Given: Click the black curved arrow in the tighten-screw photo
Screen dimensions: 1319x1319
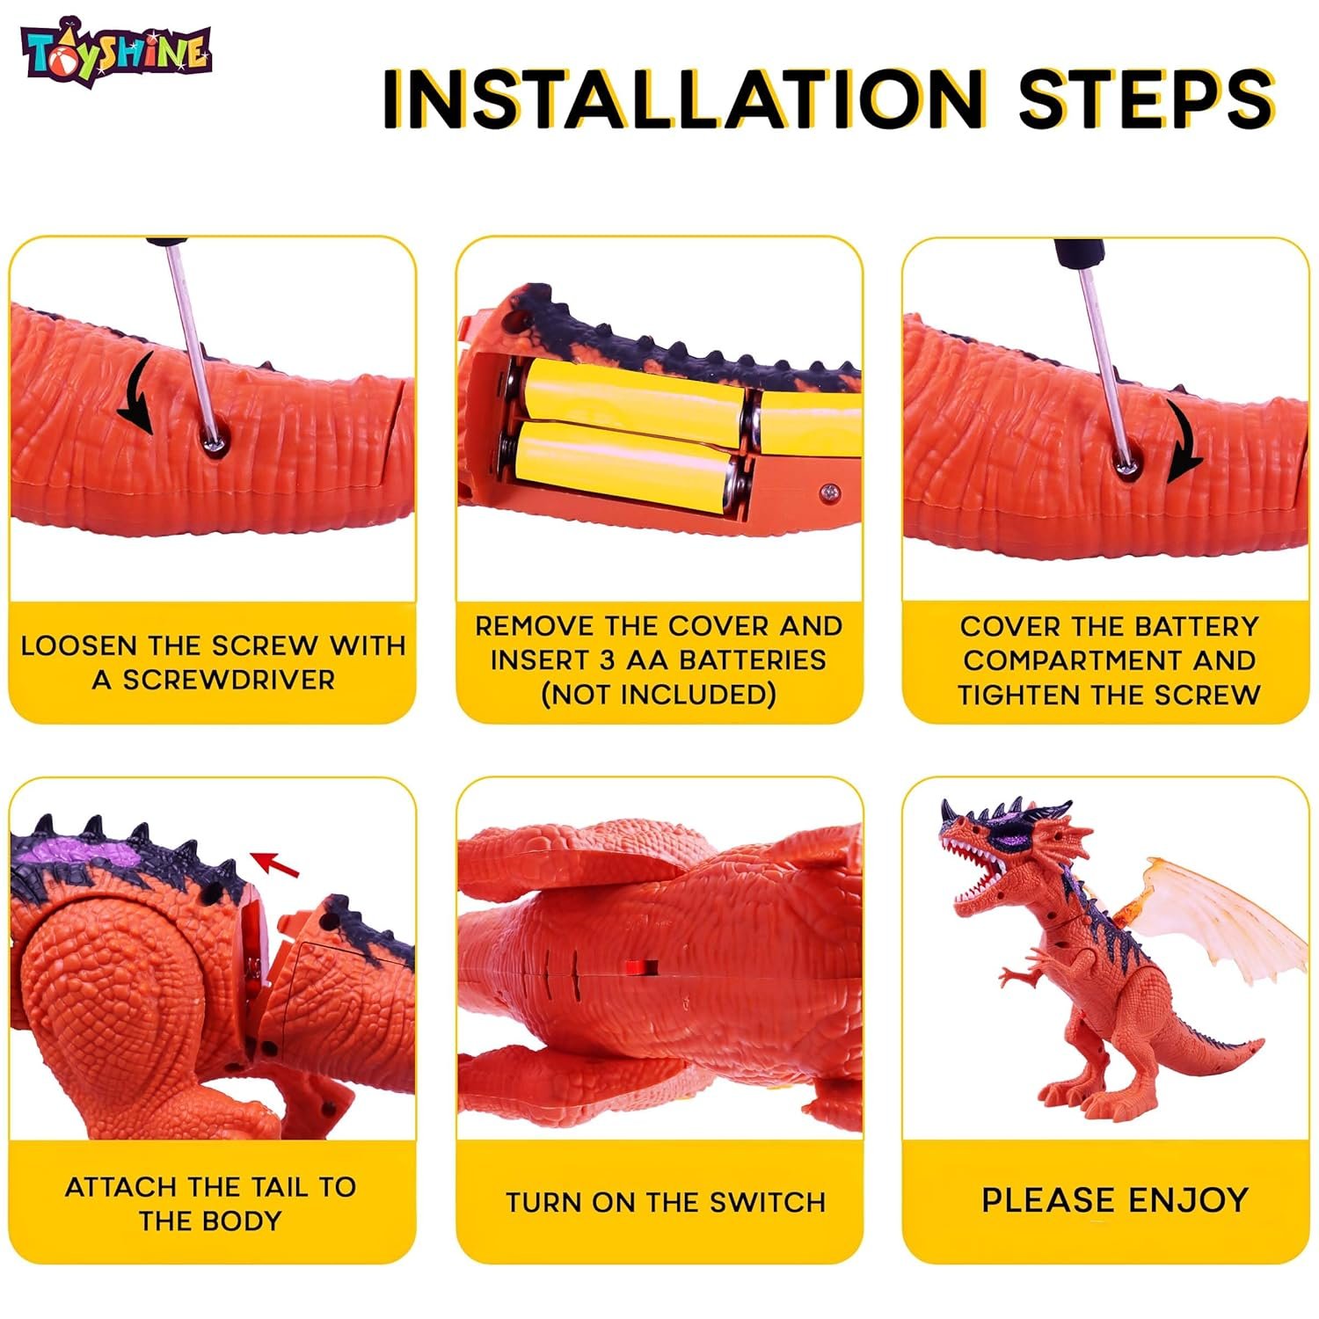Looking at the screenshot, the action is tap(1183, 438).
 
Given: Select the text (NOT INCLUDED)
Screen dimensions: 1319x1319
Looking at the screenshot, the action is tap(659, 695).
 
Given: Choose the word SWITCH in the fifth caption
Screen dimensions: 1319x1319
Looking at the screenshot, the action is tap(767, 1202).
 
